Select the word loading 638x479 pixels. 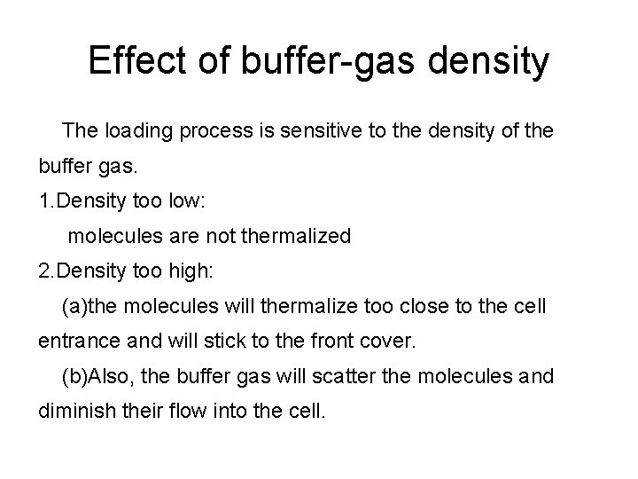click(x=141, y=132)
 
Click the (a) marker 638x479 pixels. click(x=74, y=308)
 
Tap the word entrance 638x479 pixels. click(x=75, y=342)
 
